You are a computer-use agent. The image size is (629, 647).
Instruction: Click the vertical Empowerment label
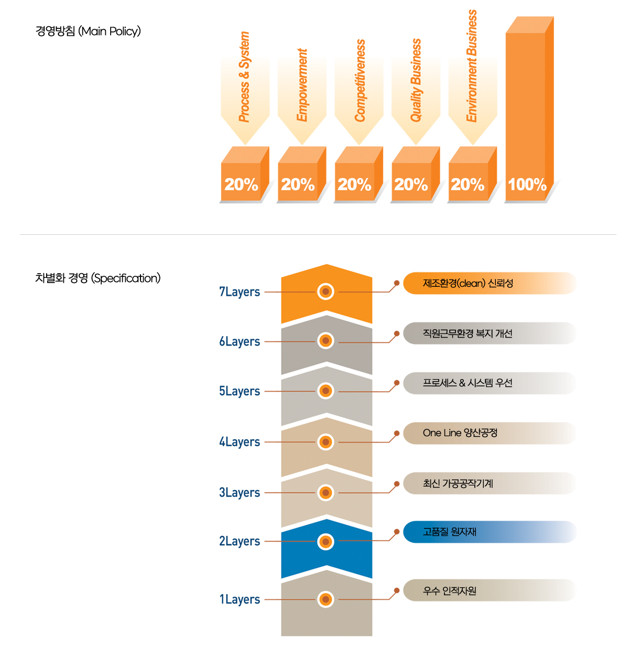click(x=302, y=85)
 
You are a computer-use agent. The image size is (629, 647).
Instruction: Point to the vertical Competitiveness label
click(x=360, y=81)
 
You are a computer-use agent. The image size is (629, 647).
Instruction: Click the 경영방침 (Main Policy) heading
click(x=88, y=31)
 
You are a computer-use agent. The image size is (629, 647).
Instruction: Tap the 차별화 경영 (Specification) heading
click(x=97, y=278)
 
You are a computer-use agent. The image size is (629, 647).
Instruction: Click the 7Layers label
click(x=240, y=292)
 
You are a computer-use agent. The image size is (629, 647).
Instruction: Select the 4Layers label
click(x=240, y=442)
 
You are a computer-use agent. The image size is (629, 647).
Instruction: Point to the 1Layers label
click(x=240, y=599)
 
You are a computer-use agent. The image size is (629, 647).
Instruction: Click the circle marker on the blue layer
click(x=326, y=542)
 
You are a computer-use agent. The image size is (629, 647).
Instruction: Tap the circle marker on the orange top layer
click(x=326, y=292)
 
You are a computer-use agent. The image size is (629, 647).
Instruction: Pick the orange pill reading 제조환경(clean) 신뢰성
click(x=489, y=284)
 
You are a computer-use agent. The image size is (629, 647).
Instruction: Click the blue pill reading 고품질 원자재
click(x=489, y=532)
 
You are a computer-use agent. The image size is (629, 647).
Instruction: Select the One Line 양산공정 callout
click(x=489, y=433)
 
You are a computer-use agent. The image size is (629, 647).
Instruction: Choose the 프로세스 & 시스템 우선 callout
click(x=489, y=383)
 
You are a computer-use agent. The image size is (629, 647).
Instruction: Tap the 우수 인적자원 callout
click(x=489, y=591)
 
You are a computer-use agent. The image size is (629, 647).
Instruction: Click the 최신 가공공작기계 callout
click(x=489, y=483)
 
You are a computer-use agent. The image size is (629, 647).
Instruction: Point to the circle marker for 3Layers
click(x=326, y=492)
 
